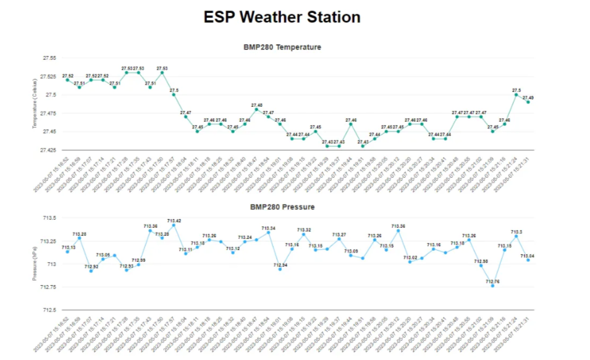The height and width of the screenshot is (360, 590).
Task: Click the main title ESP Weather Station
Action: coord(282,17)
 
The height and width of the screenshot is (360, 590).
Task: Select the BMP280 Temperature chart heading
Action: coord(282,47)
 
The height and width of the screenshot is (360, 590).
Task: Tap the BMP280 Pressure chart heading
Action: coord(282,207)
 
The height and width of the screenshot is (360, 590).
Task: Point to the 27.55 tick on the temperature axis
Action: coord(48,58)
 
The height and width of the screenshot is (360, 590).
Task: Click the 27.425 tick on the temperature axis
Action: coord(48,150)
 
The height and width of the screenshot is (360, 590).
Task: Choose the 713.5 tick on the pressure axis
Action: coord(49,218)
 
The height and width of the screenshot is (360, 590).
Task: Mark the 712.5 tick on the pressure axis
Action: coord(49,310)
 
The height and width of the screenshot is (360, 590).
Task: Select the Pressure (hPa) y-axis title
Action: coord(35,264)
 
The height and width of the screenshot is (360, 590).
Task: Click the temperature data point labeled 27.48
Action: coord(256,109)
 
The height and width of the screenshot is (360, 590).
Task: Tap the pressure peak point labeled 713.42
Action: coord(174,225)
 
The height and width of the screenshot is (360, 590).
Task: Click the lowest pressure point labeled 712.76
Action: coord(492,286)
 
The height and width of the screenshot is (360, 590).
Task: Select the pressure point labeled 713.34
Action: coord(268,233)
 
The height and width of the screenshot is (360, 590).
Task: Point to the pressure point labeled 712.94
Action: coord(280,269)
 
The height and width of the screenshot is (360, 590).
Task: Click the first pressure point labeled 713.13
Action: coord(67,252)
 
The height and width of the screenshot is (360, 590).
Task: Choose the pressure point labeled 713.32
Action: coord(303,235)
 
